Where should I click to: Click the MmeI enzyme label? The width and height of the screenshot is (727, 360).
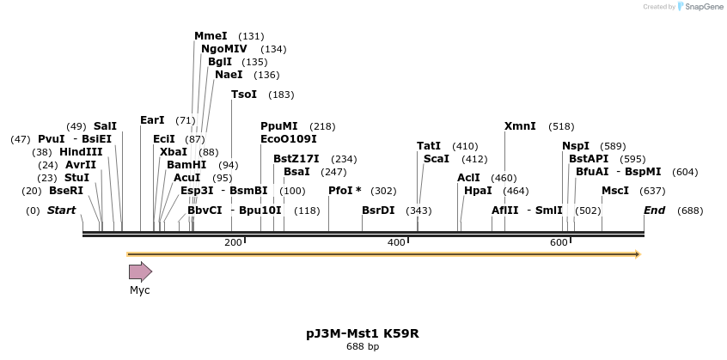[x=211, y=36]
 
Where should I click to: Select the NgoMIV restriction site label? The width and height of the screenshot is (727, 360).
[x=223, y=49]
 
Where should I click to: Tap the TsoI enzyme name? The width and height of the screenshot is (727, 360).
[x=244, y=95]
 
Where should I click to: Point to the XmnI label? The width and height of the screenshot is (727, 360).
[x=520, y=126]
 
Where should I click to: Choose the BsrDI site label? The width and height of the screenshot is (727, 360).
[x=378, y=211]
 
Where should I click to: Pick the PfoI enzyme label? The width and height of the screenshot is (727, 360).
[x=341, y=191]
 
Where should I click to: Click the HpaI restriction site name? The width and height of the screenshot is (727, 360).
[x=478, y=191]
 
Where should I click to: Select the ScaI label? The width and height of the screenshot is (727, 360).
[x=437, y=159]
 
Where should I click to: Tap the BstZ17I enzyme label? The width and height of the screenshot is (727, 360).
[x=296, y=159]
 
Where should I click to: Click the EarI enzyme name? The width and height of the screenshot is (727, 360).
[x=152, y=120]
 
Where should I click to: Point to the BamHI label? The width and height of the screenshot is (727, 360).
[x=186, y=165]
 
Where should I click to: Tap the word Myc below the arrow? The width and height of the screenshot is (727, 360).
[x=140, y=290]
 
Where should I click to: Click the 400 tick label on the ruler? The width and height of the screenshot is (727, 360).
[x=396, y=243]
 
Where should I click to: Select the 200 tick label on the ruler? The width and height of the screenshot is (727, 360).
[x=233, y=243]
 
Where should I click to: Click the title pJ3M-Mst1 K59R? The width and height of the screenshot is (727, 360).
[x=363, y=333]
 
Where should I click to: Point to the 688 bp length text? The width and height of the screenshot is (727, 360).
[x=363, y=347]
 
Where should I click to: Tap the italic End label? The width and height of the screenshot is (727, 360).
[x=654, y=211]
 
